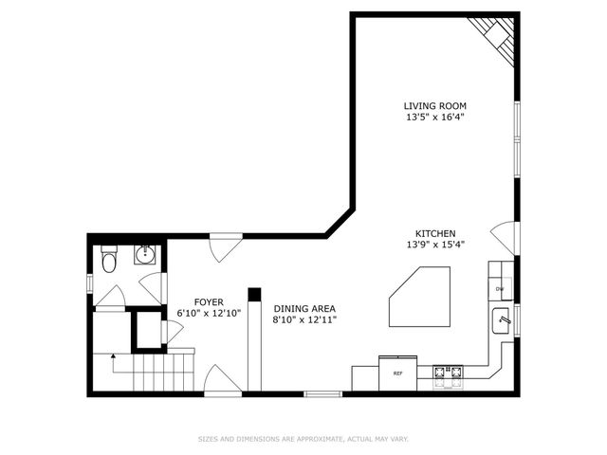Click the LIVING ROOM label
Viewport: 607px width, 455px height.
coord(434,106)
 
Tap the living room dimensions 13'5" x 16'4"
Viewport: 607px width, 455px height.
coord(434,118)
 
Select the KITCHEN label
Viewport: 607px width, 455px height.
coord(435,233)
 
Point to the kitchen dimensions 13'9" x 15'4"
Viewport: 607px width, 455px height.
coord(435,245)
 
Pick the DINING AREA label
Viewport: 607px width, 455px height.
coord(304,308)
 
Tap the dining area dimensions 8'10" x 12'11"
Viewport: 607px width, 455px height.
coord(304,319)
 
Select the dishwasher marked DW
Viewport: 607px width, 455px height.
coord(499,288)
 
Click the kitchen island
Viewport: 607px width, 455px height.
coord(419,297)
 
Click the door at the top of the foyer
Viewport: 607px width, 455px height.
coord(224,247)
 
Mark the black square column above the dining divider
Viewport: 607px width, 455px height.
coord(253,294)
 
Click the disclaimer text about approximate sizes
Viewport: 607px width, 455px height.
coord(303,439)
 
